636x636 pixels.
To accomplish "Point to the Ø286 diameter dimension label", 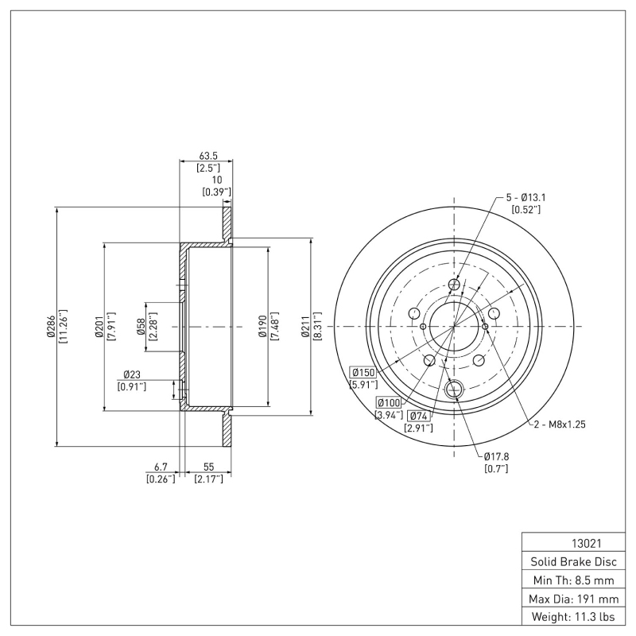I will [x=51, y=327].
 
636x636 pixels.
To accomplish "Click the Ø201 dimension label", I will [x=99, y=327].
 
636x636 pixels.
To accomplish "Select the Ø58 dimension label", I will [x=141, y=327].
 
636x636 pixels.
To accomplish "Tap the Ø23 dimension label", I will [x=131, y=374].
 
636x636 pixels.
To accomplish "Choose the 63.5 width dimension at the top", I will [x=208, y=157].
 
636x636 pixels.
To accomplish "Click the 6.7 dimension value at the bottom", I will [x=161, y=467].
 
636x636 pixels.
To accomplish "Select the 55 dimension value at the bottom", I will [x=208, y=467].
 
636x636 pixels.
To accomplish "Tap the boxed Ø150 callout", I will [x=363, y=373].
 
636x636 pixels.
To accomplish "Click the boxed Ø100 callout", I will [x=389, y=402].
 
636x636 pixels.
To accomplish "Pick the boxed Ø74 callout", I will [x=418, y=416].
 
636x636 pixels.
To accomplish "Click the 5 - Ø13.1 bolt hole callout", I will [x=525, y=197].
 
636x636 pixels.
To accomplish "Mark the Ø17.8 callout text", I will [x=497, y=456].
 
